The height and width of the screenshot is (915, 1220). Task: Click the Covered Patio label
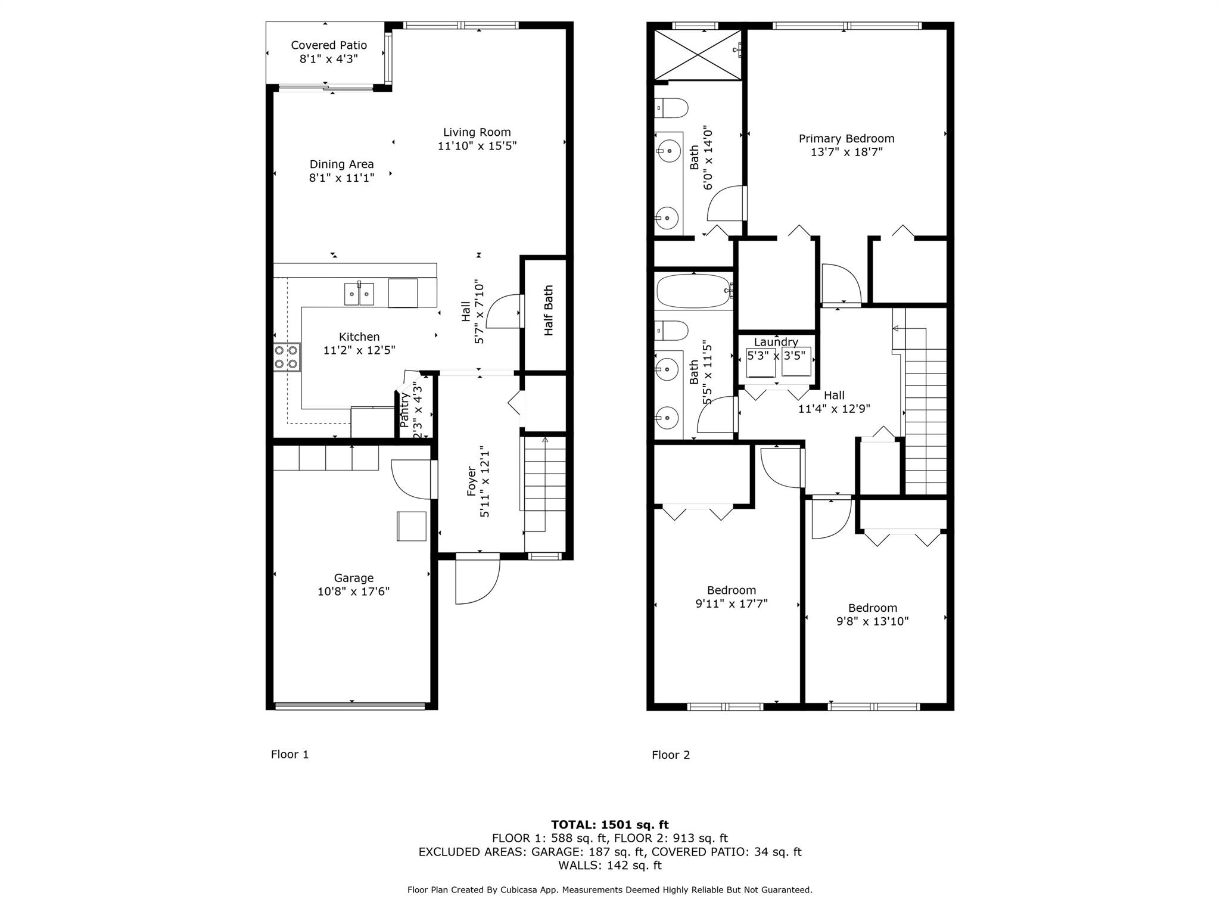click(329, 45)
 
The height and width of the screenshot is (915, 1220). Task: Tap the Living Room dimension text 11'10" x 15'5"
click(477, 145)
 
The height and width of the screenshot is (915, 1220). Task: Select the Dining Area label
click(342, 164)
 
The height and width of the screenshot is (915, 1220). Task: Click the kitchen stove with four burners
click(287, 357)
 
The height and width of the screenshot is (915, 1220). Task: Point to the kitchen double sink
click(359, 294)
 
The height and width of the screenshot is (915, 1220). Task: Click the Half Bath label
click(549, 310)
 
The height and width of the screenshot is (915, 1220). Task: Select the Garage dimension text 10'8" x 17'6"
click(354, 592)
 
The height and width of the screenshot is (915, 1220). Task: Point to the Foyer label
click(471, 481)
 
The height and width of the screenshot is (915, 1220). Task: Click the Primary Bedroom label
click(846, 139)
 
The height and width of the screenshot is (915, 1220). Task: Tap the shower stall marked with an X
click(698, 54)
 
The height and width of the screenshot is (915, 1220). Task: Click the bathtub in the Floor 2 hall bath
click(694, 291)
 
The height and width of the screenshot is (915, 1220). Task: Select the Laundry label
click(776, 342)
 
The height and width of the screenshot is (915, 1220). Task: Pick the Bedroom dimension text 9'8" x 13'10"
click(873, 621)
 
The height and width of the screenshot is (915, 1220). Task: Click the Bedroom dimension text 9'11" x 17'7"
click(732, 603)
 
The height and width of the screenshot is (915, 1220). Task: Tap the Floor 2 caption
click(671, 755)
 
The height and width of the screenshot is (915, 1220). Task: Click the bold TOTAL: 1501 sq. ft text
click(610, 825)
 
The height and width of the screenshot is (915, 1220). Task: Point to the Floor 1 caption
click(290, 755)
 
